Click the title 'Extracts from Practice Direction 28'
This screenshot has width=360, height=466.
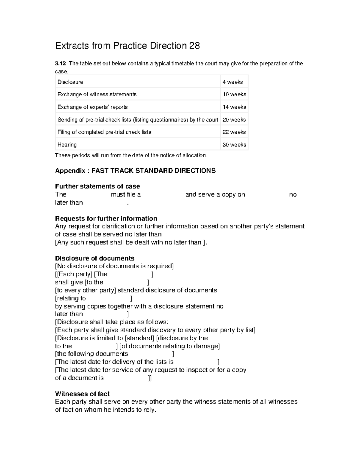[127, 46]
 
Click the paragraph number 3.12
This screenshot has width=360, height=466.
[60, 64]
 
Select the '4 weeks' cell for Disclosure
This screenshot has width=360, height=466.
[232, 82]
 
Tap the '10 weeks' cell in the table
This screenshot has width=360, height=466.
[234, 95]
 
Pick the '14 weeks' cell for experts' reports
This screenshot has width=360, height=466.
[234, 107]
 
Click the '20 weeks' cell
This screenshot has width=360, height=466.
[234, 120]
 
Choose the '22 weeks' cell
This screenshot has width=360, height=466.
[234, 132]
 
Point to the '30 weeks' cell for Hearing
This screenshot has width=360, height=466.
[234, 145]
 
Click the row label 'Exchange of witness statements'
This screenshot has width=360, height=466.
[97, 95]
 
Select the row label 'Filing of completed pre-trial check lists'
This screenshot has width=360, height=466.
[104, 132]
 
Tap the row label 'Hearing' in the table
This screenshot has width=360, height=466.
[67, 145]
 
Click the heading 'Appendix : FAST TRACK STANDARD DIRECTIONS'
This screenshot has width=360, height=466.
[135, 171]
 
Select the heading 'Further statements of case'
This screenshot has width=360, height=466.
[97, 186]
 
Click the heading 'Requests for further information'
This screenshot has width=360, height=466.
[106, 218]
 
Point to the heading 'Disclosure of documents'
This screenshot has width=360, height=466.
[94, 258]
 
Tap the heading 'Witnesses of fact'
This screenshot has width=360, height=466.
[82, 394]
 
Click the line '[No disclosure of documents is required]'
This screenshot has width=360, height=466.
[114, 266]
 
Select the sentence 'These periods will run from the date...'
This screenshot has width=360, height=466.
[131, 155]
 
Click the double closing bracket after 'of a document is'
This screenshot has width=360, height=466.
[150, 378]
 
